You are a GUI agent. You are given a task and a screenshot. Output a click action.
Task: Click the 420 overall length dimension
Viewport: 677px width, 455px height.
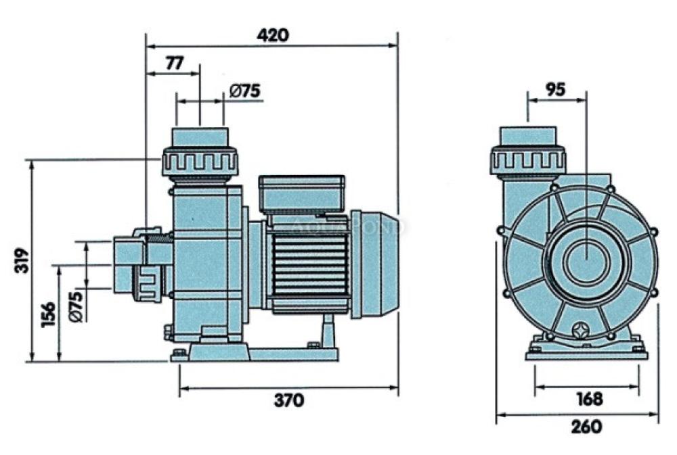click(x=273, y=34)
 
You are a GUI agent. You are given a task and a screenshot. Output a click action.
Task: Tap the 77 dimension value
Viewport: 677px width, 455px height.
click(x=175, y=63)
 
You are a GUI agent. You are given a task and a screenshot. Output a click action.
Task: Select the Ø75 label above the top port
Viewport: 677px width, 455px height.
click(x=245, y=91)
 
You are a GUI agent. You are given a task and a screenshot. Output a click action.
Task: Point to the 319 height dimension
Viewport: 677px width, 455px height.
click(x=22, y=260)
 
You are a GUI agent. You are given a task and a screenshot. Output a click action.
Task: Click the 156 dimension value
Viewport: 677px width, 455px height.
click(x=48, y=314)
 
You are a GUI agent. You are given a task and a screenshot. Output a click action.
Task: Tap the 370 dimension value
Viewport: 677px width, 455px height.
click(x=289, y=401)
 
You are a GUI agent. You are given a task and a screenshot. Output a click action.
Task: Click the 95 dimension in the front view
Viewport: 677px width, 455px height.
click(x=555, y=89)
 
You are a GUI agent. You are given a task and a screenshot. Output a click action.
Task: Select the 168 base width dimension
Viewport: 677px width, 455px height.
click(x=590, y=399)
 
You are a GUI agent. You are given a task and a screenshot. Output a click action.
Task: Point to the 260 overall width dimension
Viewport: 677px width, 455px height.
click(x=586, y=427)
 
